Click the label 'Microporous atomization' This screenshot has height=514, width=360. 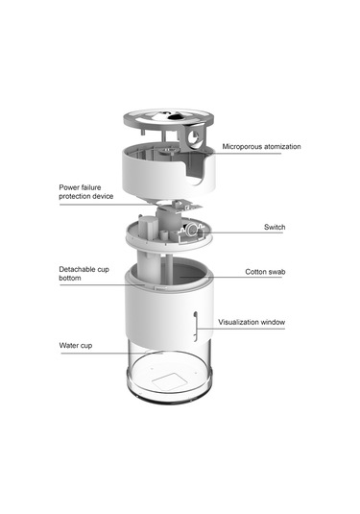(261, 147)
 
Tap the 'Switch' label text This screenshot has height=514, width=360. (275, 227)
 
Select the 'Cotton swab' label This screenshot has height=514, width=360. (265, 272)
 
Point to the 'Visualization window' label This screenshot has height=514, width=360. (252, 322)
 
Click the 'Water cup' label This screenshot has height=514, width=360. (76, 346)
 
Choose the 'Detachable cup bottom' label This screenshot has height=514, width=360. (84, 274)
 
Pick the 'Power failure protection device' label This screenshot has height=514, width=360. (86, 192)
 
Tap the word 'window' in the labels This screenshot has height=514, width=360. (273, 322)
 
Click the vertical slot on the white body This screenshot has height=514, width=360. (196, 327)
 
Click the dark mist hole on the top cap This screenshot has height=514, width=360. (172, 115)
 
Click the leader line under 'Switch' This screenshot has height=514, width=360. (240, 233)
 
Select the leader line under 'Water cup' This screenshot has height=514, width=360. (111, 354)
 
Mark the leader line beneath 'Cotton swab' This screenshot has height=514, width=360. (230, 278)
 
